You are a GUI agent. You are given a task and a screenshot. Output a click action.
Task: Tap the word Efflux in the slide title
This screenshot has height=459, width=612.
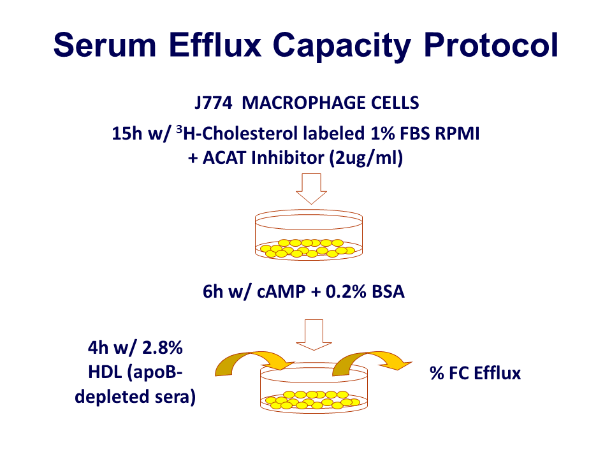[215, 45]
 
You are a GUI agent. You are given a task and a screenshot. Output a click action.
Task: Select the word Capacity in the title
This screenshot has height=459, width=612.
[342, 47]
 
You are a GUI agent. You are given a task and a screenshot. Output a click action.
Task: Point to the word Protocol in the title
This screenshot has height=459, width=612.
[491, 45]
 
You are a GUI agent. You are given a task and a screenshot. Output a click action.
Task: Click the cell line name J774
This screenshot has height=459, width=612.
[214, 103]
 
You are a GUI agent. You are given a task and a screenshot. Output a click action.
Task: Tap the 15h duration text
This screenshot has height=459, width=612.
[126, 133]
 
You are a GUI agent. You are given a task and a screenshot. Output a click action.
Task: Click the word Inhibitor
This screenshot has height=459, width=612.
[288, 158]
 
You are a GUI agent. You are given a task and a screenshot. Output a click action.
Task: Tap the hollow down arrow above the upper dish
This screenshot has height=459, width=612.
[312, 189]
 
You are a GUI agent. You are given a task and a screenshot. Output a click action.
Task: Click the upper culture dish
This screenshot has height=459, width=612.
[309, 235]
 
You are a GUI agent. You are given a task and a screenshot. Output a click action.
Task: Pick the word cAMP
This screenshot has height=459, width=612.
[281, 291]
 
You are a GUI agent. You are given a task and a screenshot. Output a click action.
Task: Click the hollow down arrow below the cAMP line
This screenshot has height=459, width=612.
[314, 335]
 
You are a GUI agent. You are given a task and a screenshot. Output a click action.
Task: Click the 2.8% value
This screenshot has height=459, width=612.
[163, 347]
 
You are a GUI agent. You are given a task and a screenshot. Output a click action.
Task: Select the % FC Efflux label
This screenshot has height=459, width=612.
[475, 373]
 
